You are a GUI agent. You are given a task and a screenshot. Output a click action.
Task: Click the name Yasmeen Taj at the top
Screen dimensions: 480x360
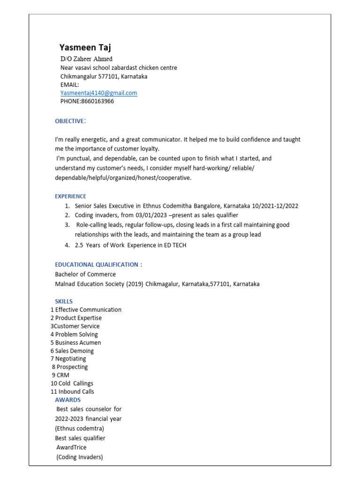click(x=85, y=47)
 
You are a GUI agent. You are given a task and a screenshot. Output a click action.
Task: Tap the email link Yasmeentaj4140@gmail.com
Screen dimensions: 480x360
click(x=98, y=93)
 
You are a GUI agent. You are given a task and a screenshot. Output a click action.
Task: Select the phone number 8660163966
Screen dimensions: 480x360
click(x=97, y=101)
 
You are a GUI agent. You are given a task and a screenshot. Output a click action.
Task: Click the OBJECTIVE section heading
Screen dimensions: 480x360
click(x=70, y=121)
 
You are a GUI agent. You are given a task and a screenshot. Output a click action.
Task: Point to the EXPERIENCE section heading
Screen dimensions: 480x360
click(x=70, y=196)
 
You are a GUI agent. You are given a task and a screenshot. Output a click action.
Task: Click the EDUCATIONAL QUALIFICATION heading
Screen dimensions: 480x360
click(x=98, y=264)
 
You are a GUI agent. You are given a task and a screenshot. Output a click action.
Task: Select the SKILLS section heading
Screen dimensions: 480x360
click(x=64, y=301)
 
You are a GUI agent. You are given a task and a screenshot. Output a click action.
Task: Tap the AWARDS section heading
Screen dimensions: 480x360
click(x=67, y=400)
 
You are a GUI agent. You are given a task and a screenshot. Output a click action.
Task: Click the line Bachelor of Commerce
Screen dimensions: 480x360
click(x=85, y=274)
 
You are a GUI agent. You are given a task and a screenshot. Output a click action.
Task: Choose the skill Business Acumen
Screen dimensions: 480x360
click(x=78, y=343)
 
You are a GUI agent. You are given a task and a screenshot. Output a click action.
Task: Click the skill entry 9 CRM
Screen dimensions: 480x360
click(x=60, y=375)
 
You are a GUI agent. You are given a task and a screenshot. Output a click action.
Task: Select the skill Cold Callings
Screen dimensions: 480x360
click(x=75, y=383)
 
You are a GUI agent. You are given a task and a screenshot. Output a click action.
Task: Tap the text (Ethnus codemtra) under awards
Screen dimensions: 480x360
click(x=80, y=428)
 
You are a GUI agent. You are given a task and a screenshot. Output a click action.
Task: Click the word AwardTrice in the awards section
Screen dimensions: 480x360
click(x=71, y=447)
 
